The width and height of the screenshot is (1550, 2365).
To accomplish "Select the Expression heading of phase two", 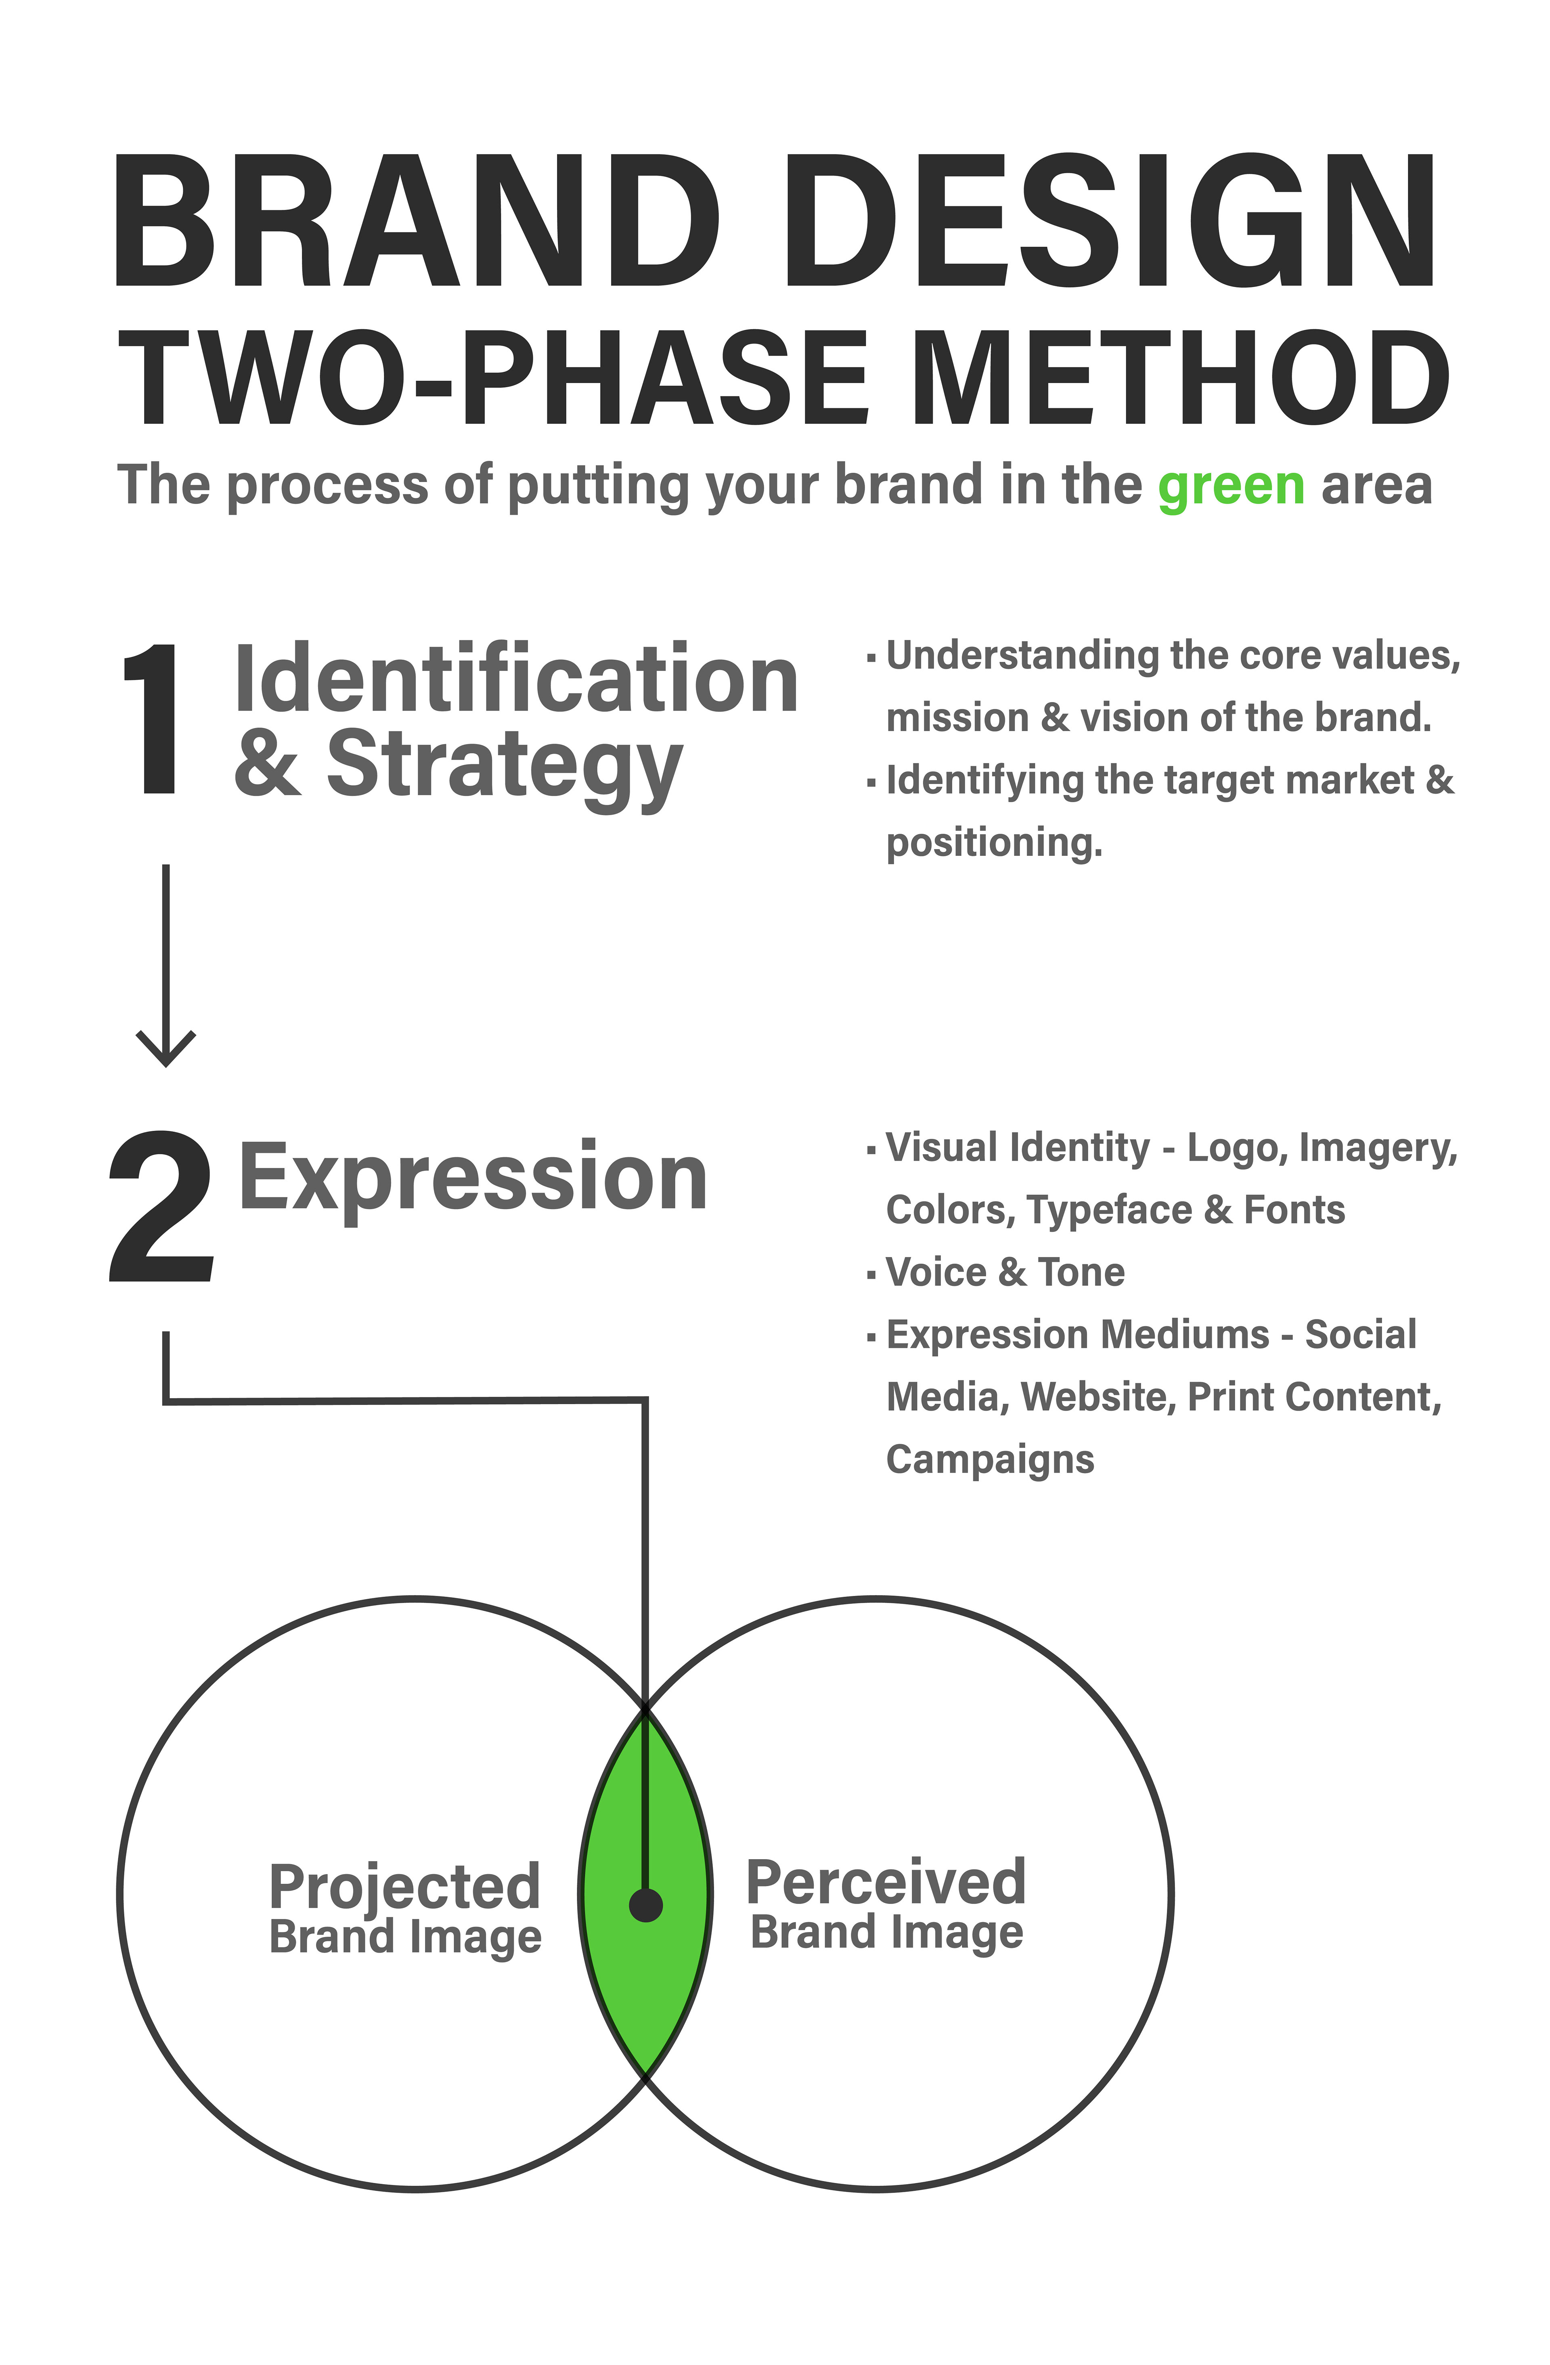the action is (473, 1178).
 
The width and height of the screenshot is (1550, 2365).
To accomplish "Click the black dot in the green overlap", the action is (646, 1905).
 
